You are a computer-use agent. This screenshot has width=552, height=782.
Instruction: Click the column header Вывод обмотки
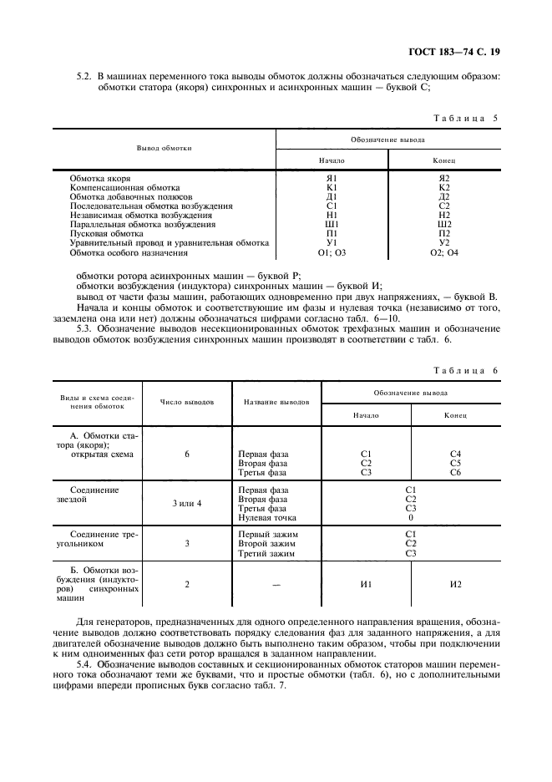coord(165,148)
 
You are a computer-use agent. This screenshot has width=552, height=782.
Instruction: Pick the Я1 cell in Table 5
coord(332,178)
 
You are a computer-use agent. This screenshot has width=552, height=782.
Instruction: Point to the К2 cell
coord(444,187)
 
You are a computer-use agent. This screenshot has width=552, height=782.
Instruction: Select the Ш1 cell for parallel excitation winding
coord(332,224)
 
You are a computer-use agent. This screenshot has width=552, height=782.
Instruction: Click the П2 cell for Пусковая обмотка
coord(444,233)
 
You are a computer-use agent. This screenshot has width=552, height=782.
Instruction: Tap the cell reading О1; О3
coord(332,251)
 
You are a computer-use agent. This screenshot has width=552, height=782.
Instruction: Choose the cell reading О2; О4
coord(444,251)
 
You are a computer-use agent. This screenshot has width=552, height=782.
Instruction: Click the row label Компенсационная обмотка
coord(124,187)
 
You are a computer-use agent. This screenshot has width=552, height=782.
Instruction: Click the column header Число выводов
coord(187,402)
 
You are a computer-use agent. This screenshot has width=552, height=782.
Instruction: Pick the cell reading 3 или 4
coord(187,504)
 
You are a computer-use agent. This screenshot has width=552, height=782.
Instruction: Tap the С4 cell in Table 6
coord(455,454)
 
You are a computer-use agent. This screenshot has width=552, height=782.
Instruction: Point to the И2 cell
coord(455,584)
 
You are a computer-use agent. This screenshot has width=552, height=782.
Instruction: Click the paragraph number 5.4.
coord(84,663)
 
